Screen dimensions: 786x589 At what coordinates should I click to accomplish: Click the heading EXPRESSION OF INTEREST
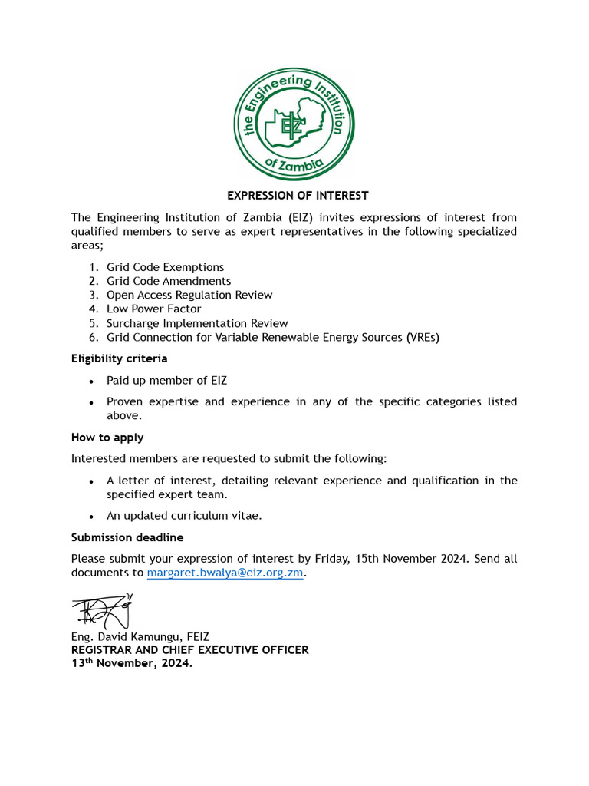click(x=298, y=196)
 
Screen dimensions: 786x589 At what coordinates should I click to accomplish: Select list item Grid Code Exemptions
click(x=165, y=267)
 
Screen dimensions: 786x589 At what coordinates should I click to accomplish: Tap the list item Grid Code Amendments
click(x=168, y=281)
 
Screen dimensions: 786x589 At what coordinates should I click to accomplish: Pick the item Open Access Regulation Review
click(x=189, y=295)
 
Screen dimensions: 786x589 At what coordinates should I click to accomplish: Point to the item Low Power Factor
click(x=153, y=309)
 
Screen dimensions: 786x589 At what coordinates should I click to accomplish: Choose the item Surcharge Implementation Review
click(x=197, y=323)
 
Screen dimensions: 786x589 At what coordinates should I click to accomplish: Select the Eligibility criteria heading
click(x=119, y=358)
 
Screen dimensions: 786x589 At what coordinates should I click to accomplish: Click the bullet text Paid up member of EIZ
click(x=166, y=380)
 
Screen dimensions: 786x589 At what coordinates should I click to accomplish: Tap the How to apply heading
click(x=107, y=438)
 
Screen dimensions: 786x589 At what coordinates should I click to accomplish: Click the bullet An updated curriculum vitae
click(x=184, y=516)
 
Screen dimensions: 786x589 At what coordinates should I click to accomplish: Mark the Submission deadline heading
click(x=127, y=537)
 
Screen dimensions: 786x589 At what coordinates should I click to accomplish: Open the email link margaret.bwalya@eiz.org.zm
click(x=226, y=573)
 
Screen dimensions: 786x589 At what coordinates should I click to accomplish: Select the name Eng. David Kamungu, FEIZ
click(x=140, y=636)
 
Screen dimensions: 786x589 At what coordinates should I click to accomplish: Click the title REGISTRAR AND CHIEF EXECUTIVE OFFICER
click(x=189, y=650)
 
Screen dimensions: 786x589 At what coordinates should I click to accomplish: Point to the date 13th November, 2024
click(x=132, y=664)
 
